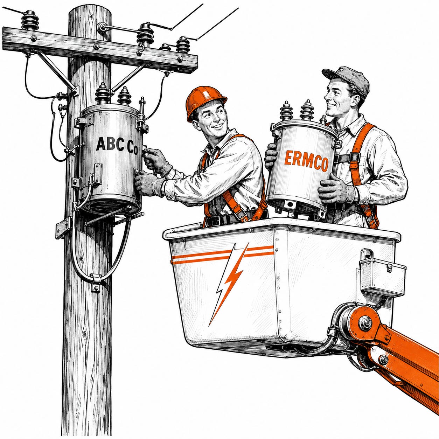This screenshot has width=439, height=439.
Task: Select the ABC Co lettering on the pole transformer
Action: click(117, 145)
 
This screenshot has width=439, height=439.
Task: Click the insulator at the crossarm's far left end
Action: click(30, 20)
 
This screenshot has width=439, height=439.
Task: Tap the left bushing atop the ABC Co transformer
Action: click(102, 93)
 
